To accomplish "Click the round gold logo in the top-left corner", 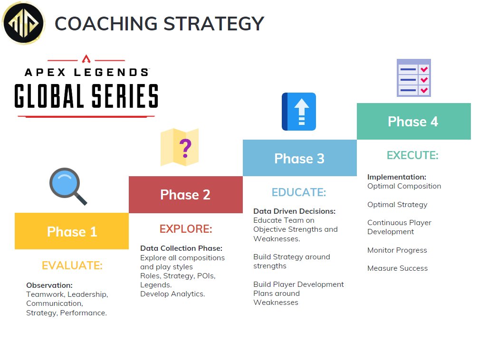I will (23, 23).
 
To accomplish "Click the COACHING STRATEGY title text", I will (159, 24).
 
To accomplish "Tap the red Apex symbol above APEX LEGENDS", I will (86, 59).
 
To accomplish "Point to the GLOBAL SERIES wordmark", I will (86, 96).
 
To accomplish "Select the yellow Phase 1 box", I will (72, 231).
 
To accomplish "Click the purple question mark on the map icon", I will (185, 148).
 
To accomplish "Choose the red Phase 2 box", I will (185, 195).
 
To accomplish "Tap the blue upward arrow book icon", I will (299, 112).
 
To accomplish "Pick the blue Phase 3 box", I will (299, 158).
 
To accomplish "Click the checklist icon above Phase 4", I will (413, 78).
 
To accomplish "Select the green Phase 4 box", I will (413, 122).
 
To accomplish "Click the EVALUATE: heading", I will (72, 265).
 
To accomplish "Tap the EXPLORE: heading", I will (186, 229).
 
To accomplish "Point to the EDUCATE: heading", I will (299, 192).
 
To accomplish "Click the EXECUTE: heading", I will (412, 155).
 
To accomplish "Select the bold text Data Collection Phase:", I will (181, 248).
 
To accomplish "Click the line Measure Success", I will (397, 268).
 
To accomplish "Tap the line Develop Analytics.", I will (172, 294).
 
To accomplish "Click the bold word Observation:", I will (49, 285).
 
